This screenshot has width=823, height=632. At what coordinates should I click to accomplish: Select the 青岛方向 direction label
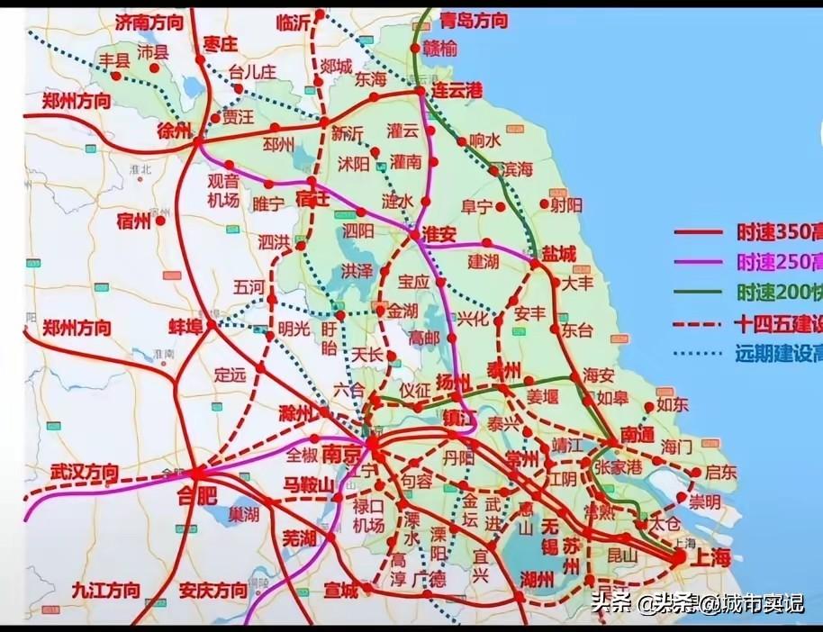474,21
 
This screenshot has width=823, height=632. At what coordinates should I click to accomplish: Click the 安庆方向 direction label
213,591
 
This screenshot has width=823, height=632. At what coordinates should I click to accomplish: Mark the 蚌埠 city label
189,325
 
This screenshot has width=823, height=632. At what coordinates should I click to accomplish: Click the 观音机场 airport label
222,191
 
